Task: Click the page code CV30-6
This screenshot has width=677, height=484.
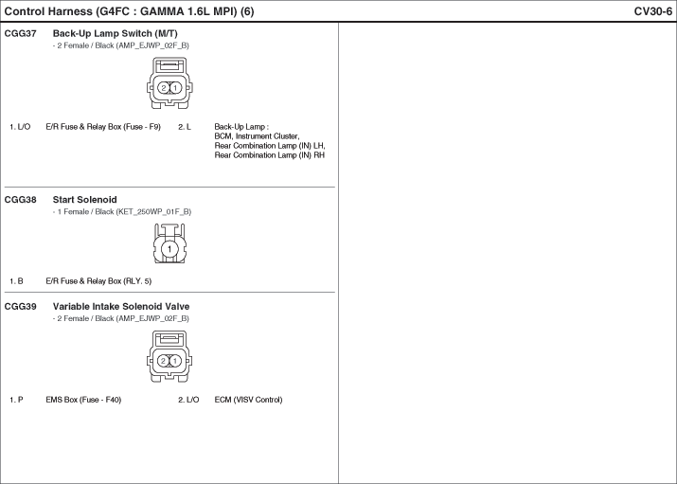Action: pos(652,11)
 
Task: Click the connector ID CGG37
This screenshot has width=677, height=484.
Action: pos(20,34)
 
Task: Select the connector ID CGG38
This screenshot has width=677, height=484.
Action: pos(20,200)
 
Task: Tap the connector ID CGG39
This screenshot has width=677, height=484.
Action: pos(20,307)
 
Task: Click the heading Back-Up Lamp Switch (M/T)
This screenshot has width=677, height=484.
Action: pos(115,34)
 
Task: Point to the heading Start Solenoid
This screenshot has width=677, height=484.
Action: pos(84,200)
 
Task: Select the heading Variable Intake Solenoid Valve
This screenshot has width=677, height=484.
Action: pos(121,307)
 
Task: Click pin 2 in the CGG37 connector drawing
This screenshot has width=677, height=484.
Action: pos(163,88)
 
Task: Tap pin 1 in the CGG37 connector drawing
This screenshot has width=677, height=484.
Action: pos(175,88)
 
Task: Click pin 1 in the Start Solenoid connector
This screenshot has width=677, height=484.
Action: pos(169,249)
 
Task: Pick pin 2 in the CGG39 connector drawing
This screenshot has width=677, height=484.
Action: pos(163,361)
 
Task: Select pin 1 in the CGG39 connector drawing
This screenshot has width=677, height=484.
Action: pos(175,361)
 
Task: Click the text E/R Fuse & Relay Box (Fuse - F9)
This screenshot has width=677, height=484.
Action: pos(103,127)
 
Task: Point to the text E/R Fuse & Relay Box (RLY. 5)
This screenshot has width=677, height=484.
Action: pos(98,281)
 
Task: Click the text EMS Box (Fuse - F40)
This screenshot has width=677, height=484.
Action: pos(83,401)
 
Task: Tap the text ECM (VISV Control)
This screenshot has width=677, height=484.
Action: pos(248,401)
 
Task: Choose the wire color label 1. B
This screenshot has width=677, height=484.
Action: pos(16,281)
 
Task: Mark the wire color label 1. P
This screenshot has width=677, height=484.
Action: pos(16,401)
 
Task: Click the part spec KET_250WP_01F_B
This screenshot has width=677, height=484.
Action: pos(157,212)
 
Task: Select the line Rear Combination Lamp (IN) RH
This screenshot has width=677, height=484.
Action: pos(270,155)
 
